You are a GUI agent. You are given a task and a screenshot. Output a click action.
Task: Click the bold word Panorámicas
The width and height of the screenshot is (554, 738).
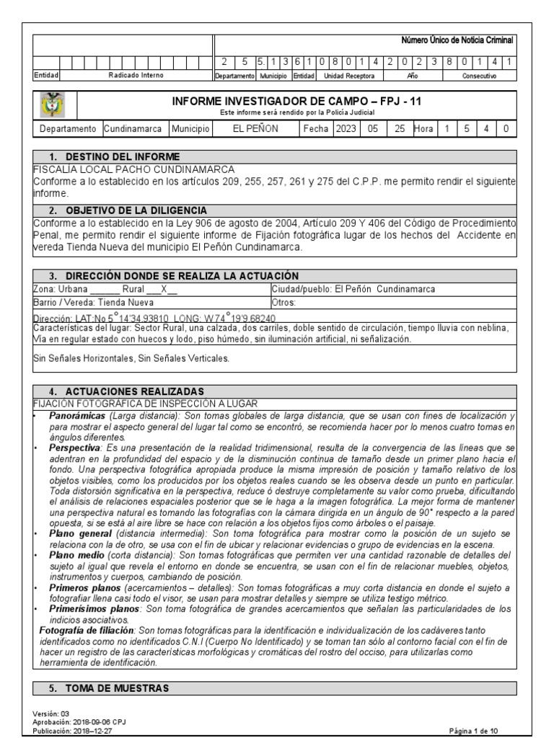[76, 417]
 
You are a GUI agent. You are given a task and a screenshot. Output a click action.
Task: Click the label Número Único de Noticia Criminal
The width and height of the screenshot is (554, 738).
[457, 42]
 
